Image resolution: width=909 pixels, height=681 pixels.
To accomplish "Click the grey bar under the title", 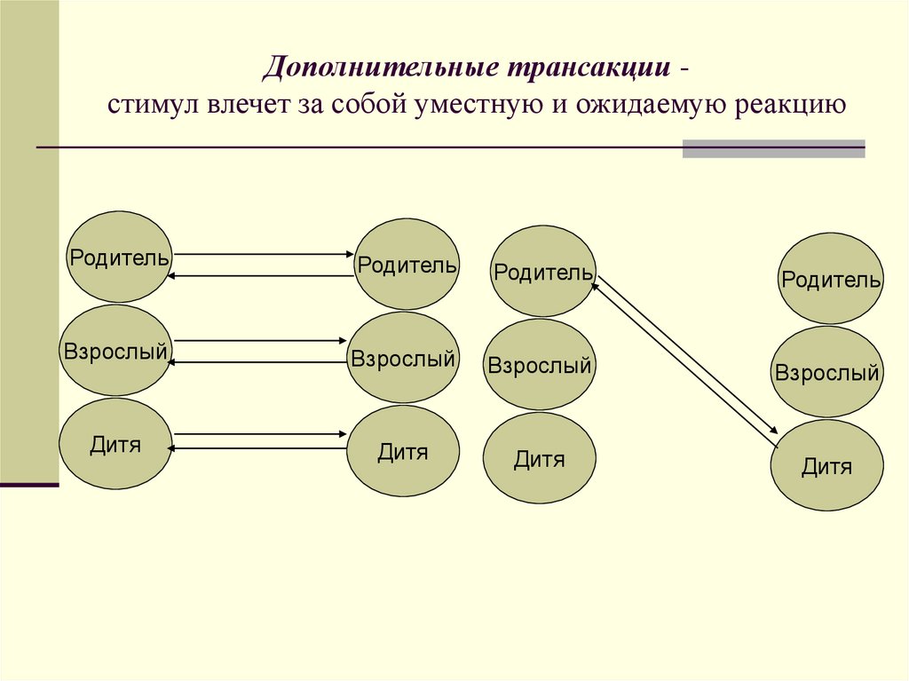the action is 773,148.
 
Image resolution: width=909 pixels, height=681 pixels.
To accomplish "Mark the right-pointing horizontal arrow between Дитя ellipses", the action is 260,434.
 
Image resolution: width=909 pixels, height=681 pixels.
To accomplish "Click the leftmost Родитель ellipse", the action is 119,257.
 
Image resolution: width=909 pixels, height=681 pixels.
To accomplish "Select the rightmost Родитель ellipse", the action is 831,279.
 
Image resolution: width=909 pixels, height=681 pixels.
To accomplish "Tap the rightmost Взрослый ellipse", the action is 826,372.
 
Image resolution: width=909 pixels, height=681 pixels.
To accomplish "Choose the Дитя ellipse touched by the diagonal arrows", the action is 826,465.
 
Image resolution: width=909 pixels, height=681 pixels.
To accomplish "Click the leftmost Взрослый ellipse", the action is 115,351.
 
